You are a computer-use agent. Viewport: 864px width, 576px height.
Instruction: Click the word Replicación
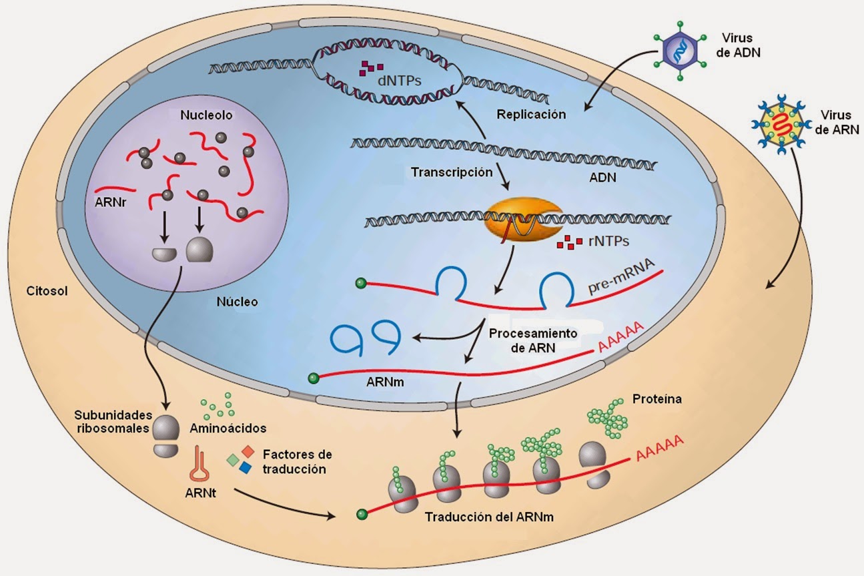(x=531, y=114)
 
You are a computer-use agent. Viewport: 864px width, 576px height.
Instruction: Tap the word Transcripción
(x=452, y=172)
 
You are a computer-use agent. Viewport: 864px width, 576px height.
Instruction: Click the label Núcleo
(x=237, y=302)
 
